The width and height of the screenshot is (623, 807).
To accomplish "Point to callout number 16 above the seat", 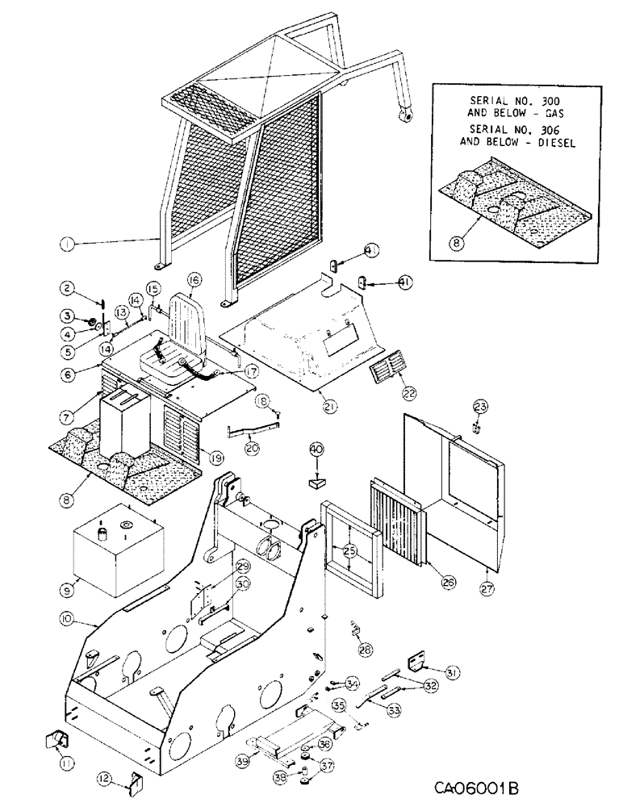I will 194,280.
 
